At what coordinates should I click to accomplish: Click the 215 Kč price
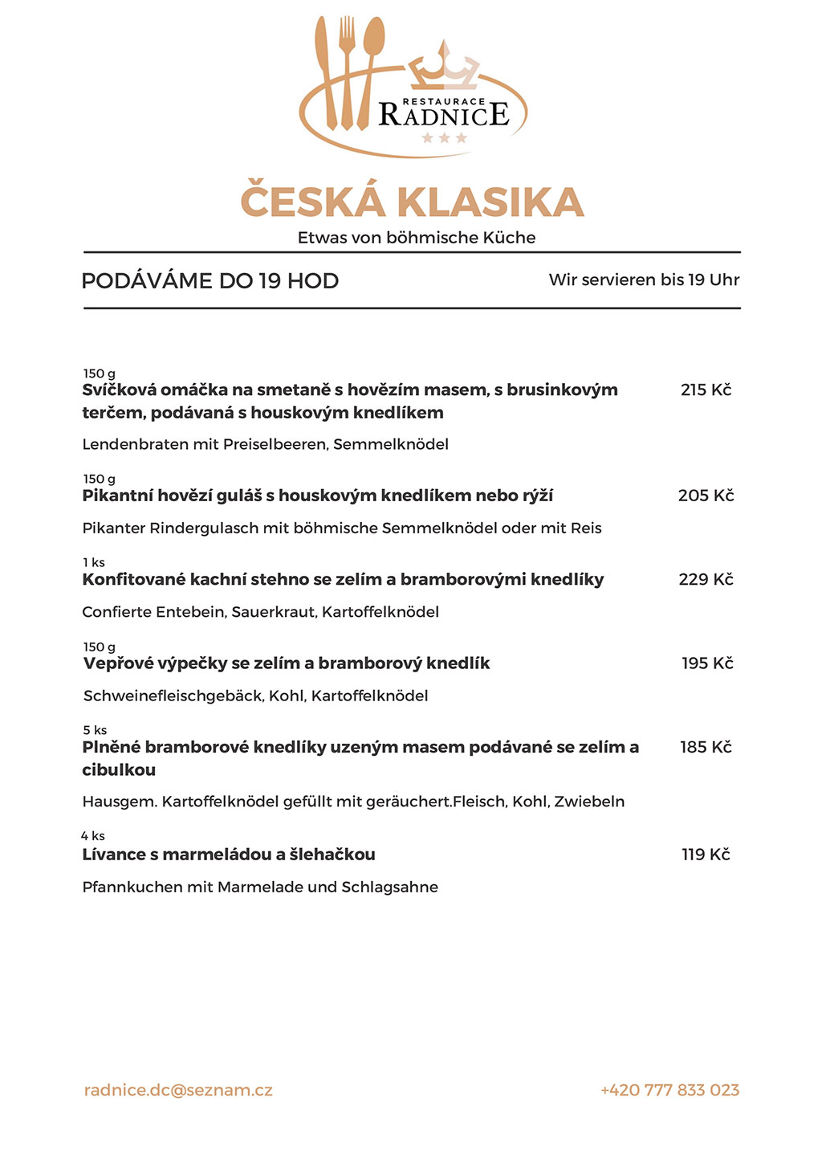[706, 390]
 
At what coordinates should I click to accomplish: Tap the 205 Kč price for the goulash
[706, 496]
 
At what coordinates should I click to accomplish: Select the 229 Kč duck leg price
[706, 580]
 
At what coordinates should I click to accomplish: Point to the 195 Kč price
[707, 663]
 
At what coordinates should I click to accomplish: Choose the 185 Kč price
[706, 748]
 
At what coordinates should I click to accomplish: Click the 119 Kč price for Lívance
[706, 855]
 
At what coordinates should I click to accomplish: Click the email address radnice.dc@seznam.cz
[178, 1090]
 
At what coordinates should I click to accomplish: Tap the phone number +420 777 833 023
[669, 1090]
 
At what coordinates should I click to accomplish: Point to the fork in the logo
[347, 72]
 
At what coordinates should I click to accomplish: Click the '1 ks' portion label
[94, 562]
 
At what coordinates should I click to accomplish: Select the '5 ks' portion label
[95, 730]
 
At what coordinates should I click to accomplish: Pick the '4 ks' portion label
[93, 836]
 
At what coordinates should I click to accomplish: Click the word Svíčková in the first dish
[119, 390]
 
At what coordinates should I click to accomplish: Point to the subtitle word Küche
[509, 238]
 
